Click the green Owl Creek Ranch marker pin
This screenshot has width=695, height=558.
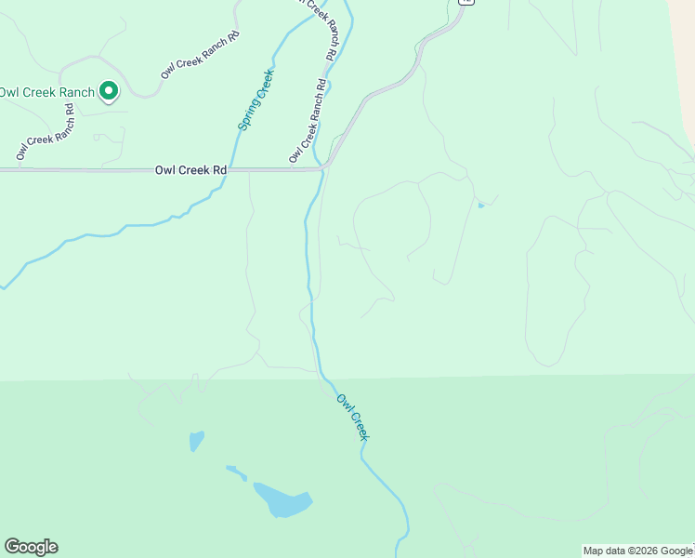click(109, 91)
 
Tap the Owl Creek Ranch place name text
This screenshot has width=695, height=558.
click(47, 92)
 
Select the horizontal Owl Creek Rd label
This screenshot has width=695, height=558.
click(191, 170)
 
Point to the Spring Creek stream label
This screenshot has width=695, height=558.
click(255, 100)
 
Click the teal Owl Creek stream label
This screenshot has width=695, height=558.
click(353, 418)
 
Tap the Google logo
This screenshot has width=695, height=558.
click(31, 547)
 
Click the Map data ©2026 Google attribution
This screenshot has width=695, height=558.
click(637, 551)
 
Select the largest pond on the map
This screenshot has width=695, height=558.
click(282, 500)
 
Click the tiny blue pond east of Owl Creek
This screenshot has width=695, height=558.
click(480, 205)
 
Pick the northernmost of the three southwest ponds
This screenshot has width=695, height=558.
click(196, 440)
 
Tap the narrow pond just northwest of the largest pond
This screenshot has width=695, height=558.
click(237, 472)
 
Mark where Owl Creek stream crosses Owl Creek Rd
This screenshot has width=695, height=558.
click(321, 169)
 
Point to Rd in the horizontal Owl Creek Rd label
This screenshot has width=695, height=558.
click(219, 170)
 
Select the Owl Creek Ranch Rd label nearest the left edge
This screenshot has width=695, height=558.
click(45, 131)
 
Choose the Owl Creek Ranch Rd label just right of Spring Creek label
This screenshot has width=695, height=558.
click(308, 121)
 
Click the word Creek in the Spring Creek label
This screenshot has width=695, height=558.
click(263, 85)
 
